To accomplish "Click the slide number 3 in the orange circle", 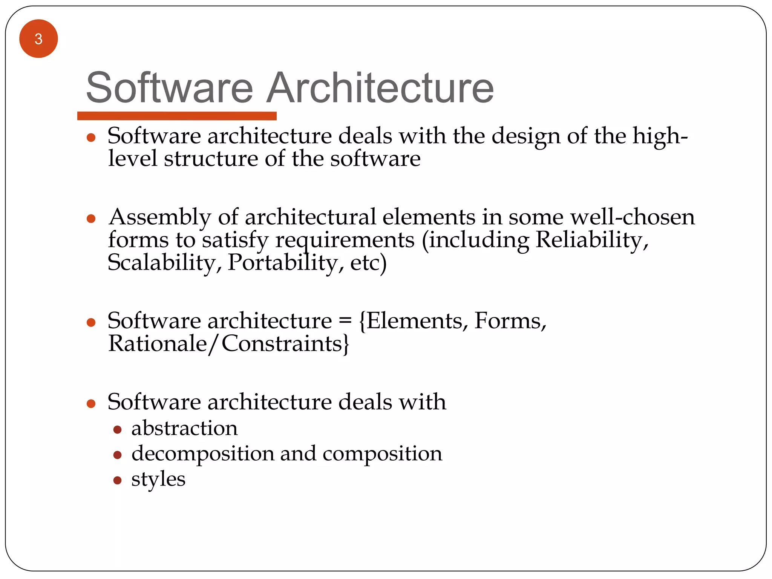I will click(x=38, y=39).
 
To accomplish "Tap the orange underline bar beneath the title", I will click(x=177, y=116).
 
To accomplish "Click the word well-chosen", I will click(x=632, y=217).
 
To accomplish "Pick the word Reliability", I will click(x=592, y=240).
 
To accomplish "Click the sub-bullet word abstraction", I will click(x=184, y=428).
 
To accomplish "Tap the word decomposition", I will click(x=202, y=454).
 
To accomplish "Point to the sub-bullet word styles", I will click(x=158, y=479).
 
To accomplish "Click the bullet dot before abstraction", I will click(x=117, y=430).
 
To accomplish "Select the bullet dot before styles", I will click(x=117, y=480).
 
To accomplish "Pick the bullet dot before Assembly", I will click(x=91, y=219).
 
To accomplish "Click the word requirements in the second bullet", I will click(x=345, y=240).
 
